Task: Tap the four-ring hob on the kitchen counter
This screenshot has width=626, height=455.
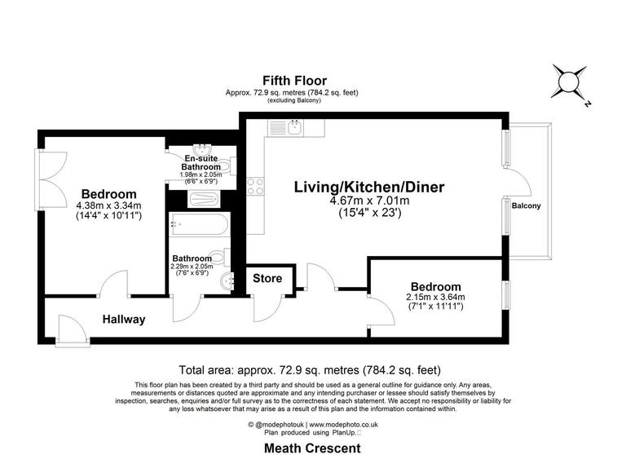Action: tap(255, 184)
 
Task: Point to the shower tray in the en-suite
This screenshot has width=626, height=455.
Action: tap(199, 198)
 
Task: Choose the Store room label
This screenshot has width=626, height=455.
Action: tap(267, 279)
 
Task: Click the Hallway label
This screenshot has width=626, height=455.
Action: tap(124, 320)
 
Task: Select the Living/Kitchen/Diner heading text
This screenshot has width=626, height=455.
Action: tap(369, 187)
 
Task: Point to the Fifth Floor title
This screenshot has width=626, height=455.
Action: tap(294, 80)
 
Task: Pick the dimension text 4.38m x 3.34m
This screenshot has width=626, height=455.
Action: tap(108, 205)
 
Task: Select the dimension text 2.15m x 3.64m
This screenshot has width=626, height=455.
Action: tap(435, 298)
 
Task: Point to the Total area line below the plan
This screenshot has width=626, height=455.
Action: tap(314, 369)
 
